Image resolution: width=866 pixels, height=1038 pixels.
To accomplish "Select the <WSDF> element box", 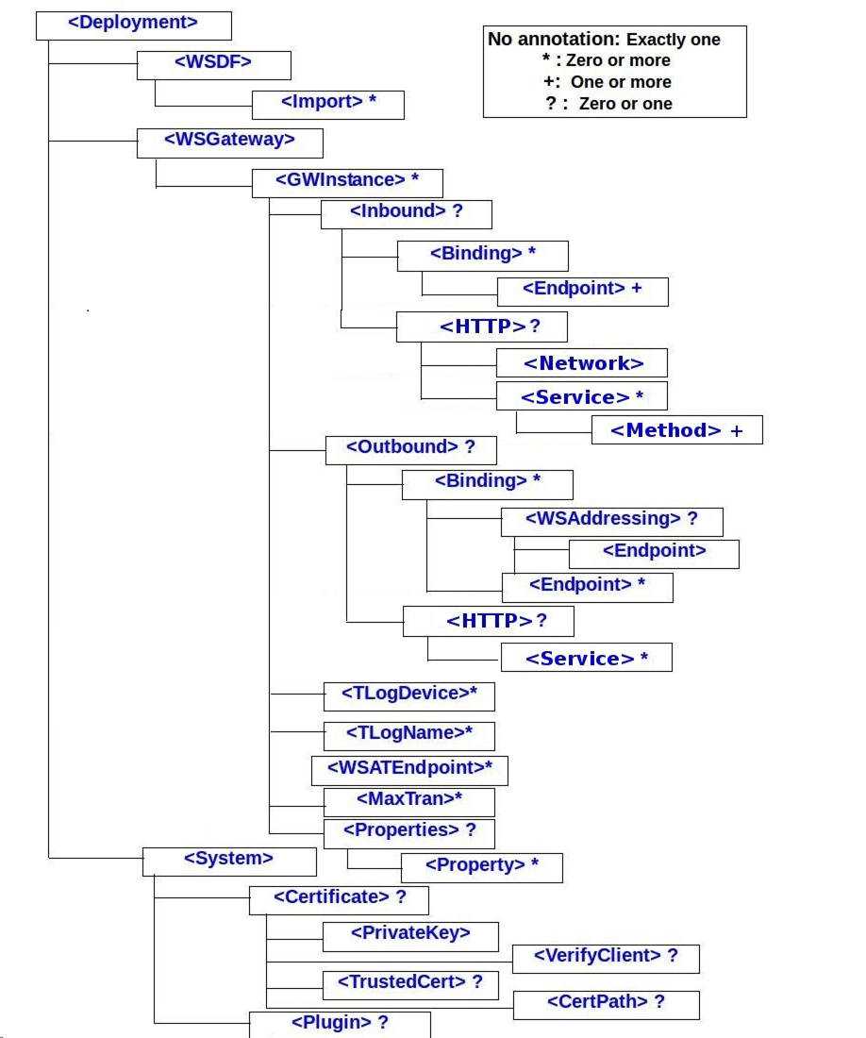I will [x=214, y=64].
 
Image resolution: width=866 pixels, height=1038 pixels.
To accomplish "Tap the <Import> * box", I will [x=328, y=104].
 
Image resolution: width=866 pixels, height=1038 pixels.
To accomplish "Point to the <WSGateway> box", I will [x=230, y=142].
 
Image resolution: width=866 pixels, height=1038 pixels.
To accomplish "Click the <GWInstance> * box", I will [x=347, y=181].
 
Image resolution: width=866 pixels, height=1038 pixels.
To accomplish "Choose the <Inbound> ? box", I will [x=407, y=213].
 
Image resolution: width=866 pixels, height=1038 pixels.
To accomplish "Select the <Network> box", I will [x=582, y=363].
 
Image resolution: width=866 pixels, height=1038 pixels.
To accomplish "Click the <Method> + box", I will [x=676, y=430].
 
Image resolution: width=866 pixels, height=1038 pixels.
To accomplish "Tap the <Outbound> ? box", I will [x=409, y=449].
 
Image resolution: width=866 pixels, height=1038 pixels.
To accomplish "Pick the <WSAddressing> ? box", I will [x=611, y=521].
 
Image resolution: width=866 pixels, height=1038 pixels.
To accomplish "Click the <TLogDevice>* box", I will [x=408, y=695].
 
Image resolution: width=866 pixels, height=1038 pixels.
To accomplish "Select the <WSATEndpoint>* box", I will [x=409, y=770].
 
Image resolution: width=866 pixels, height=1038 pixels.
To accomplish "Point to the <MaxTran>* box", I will [x=408, y=801].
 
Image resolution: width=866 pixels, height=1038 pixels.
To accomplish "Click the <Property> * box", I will [x=481, y=867].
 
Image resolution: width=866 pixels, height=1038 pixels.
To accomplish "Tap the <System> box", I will [x=228, y=861].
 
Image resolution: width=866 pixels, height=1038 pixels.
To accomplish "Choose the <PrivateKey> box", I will [x=410, y=935].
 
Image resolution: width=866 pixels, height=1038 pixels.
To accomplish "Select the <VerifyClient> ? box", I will [x=606, y=958].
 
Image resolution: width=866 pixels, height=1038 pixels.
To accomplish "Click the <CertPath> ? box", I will [x=606, y=1004].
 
